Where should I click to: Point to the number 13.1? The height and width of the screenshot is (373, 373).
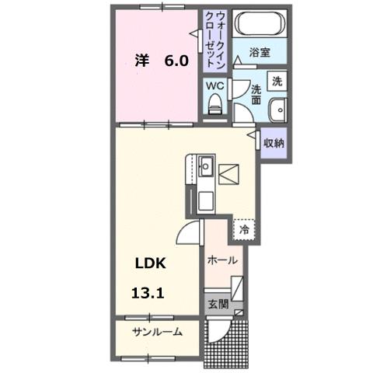[x=148, y=293]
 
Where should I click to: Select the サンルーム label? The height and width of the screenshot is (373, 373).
[x=156, y=332]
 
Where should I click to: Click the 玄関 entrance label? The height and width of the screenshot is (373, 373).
[x=217, y=303]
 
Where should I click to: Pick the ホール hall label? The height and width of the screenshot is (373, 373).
[x=222, y=260]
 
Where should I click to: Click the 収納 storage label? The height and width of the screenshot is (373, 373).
[x=274, y=143]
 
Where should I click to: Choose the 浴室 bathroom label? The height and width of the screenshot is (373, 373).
[x=260, y=52]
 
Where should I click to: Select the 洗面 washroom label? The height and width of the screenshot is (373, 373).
[x=257, y=92]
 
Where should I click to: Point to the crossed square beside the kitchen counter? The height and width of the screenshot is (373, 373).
[x=229, y=176]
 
